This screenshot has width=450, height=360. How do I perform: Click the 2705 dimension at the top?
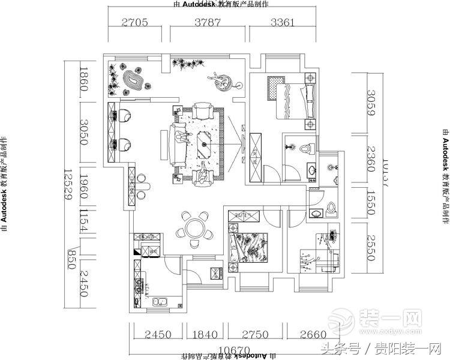[x=135, y=23]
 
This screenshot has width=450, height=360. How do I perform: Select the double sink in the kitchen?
[x=158, y=302]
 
